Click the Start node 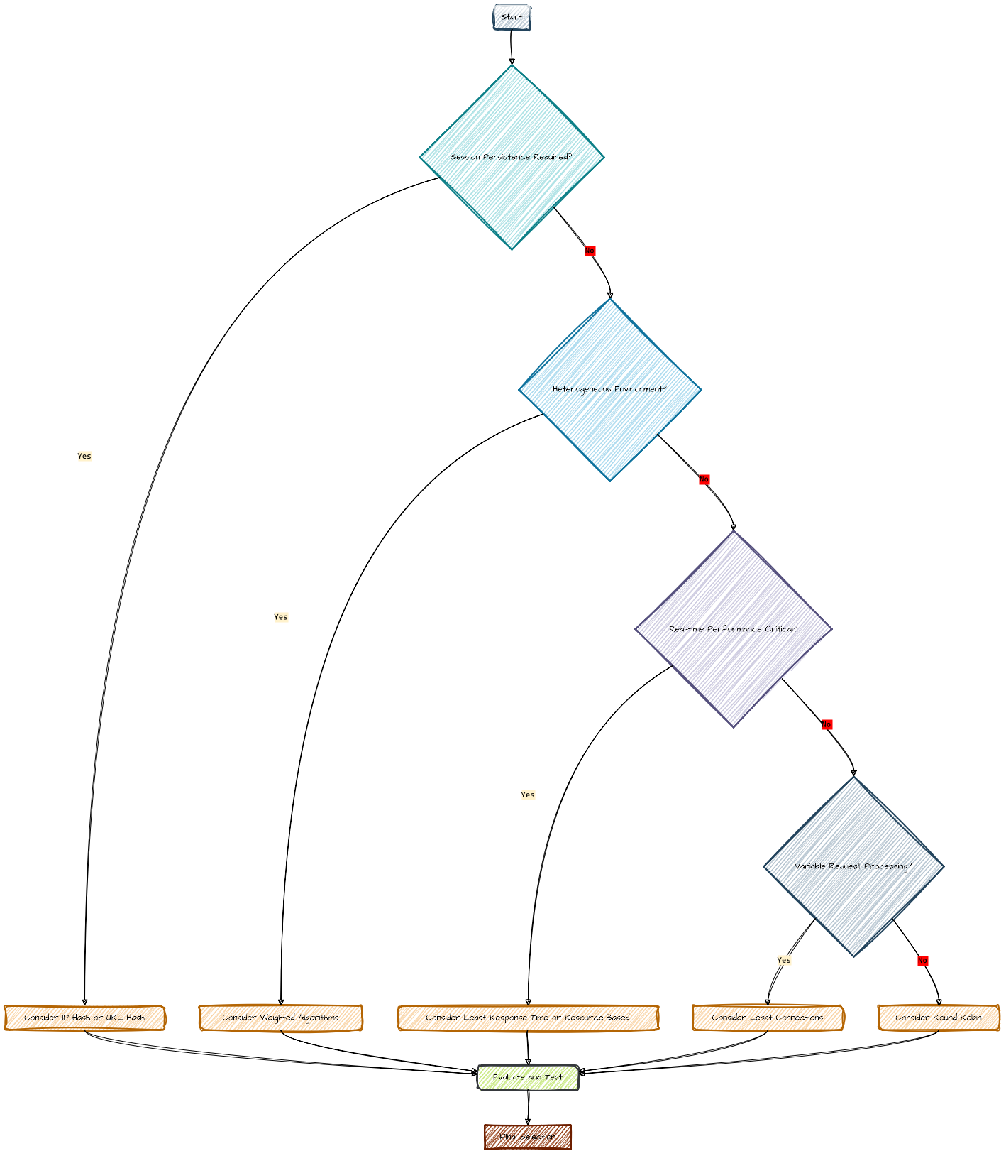[x=512, y=18]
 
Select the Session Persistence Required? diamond [x=512, y=157]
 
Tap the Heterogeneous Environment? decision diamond [x=609, y=390]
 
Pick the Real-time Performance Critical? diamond [x=734, y=629]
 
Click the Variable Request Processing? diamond [x=853, y=866]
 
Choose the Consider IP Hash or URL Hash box [x=84, y=1018]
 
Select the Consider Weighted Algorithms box [x=281, y=1018]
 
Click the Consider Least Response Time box [x=528, y=1018]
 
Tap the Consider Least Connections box [x=768, y=1018]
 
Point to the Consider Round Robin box [x=939, y=1018]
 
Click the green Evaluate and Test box [x=528, y=1077]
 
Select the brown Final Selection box [x=528, y=1137]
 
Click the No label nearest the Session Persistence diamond [x=590, y=251]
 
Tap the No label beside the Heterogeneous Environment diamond [x=704, y=479]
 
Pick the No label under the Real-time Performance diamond [x=827, y=724]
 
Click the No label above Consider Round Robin [x=922, y=961]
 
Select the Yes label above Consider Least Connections [x=784, y=960]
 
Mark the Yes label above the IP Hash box [x=84, y=456]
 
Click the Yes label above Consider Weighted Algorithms [x=281, y=617]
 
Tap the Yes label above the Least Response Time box [x=528, y=795]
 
